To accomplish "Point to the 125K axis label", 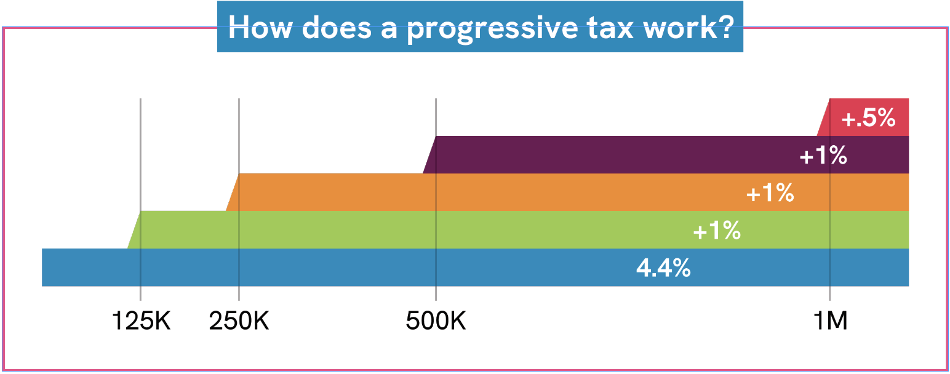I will pyautogui.click(x=140, y=320).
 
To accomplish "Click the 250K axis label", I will pyautogui.click(x=239, y=320).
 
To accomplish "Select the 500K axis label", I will pyautogui.click(x=436, y=320).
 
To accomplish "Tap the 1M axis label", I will pyautogui.click(x=830, y=320).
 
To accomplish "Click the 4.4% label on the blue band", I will pyautogui.click(x=663, y=268).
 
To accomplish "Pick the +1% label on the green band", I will pyautogui.click(x=716, y=231).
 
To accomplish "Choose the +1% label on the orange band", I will pyautogui.click(x=770, y=194).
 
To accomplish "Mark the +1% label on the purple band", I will pyautogui.click(x=823, y=156).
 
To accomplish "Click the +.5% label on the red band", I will pyautogui.click(x=868, y=118).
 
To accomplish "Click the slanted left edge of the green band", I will pyautogui.click(x=134, y=230).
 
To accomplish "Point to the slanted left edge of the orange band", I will pyautogui.click(x=233, y=193).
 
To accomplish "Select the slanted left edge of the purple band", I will pyautogui.click(x=429, y=155).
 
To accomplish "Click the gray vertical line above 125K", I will pyautogui.click(x=140, y=154).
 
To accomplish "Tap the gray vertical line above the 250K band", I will pyautogui.click(x=239, y=135).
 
